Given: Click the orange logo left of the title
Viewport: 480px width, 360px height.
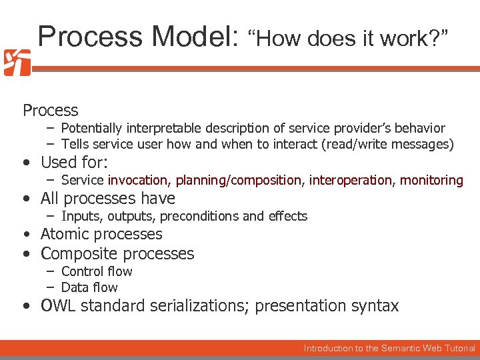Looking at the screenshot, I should (17, 62).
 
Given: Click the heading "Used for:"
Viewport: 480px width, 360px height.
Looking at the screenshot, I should (74, 162).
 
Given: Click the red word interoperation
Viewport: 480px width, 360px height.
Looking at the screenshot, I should (351, 180).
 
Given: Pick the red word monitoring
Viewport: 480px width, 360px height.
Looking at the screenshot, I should (431, 180).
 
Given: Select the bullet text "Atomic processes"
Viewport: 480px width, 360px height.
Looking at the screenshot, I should (101, 234).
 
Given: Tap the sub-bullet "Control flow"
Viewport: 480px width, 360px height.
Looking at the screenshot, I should (97, 271).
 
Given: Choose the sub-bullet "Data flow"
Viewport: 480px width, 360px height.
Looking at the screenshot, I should (89, 287).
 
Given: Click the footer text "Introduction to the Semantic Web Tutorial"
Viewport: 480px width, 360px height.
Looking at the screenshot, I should (389, 348).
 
